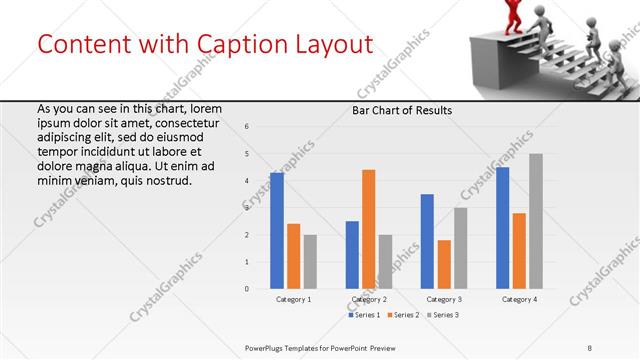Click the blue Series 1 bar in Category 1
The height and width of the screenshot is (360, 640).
tap(277, 231)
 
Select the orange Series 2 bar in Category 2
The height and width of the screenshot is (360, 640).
tap(368, 229)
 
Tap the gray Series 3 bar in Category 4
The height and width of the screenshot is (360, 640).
tap(536, 221)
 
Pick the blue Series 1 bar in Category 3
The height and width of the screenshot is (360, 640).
tap(427, 241)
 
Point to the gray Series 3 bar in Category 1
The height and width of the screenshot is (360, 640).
tap(310, 261)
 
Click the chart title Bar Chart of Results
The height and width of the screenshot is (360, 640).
tap(402, 110)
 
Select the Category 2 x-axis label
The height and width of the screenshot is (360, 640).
tap(369, 300)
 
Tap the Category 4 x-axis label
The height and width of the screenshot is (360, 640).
tap(519, 300)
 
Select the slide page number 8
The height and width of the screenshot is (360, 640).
tap(589, 347)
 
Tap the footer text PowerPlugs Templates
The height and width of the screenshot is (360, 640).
tap(290, 347)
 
